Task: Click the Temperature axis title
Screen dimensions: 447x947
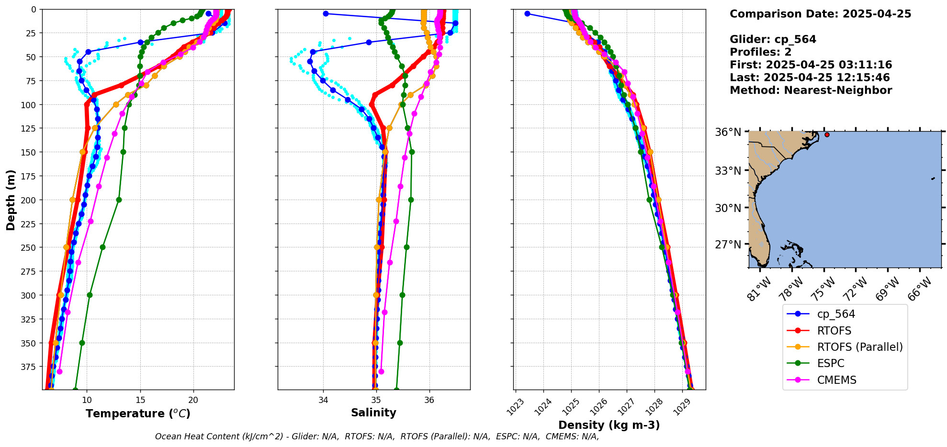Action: (138, 413)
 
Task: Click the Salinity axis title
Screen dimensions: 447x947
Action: (373, 413)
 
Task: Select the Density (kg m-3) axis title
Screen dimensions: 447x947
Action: (609, 425)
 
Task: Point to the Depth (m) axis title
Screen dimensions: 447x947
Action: (11, 200)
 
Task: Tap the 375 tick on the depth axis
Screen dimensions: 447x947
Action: (29, 367)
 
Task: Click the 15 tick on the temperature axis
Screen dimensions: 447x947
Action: (140, 400)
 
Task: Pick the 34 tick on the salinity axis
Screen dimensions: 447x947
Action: (323, 400)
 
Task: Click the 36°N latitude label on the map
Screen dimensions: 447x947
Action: (728, 132)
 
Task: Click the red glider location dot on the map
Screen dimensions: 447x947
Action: (827, 135)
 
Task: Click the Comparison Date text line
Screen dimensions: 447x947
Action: (820, 14)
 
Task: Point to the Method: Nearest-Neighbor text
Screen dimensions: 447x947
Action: (811, 90)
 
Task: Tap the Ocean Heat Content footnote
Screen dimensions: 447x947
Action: (377, 436)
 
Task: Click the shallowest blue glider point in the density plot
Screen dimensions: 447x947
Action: (527, 13)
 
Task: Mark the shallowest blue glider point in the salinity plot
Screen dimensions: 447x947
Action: (326, 13)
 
